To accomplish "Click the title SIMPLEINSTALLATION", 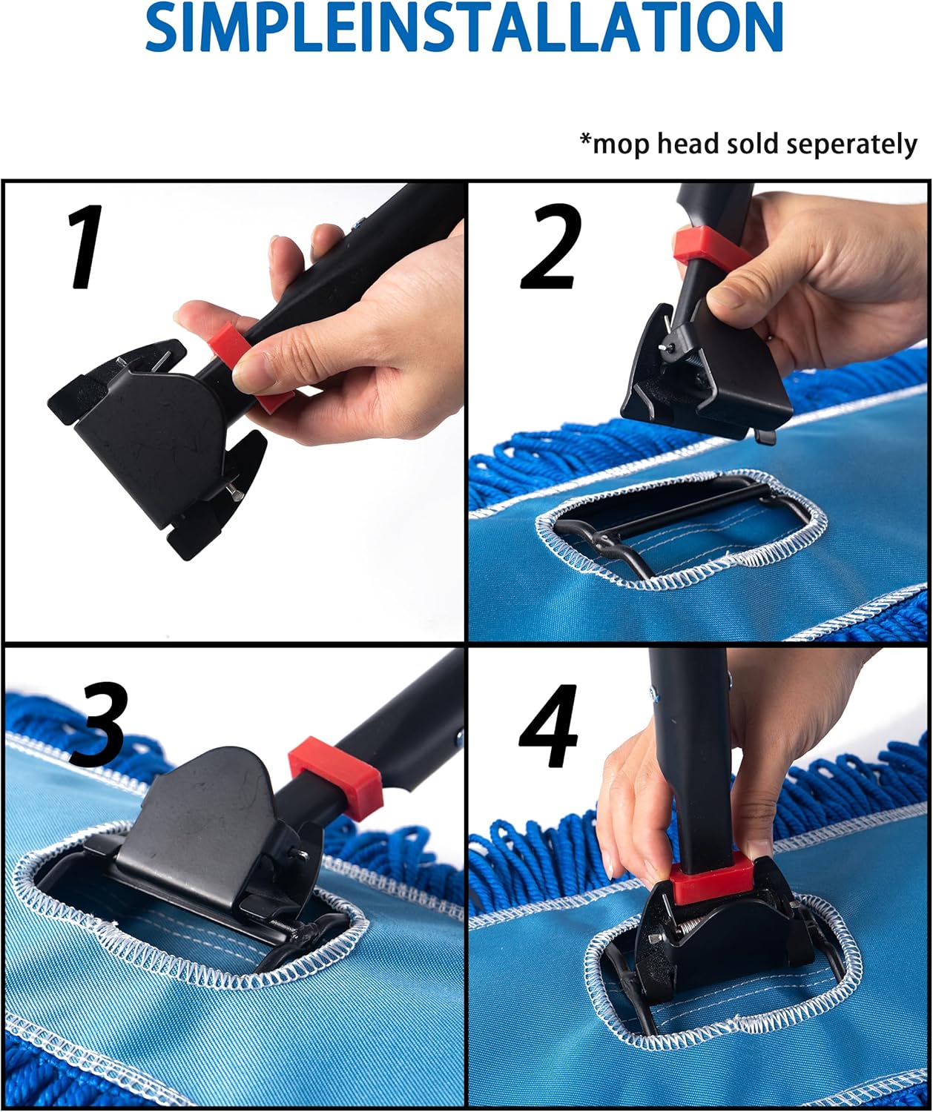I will click(x=465, y=27).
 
